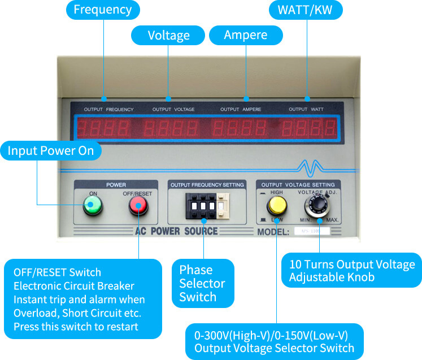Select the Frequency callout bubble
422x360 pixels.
(x=103, y=10)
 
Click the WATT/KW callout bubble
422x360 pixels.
(x=306, y=10)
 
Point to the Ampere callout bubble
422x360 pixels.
(x=246, y=35)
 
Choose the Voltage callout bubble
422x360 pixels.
(x=168, y=36)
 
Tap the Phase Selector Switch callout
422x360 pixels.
(x=202, y=283)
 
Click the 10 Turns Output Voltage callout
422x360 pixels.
(x=351, y=271)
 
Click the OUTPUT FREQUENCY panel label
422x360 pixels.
(x=109, y=109)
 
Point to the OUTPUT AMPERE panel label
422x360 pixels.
(x=237, y=109)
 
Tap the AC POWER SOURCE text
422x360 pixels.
(x=176, y=231)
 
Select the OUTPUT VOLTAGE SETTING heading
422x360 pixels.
(x=298, y=184)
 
